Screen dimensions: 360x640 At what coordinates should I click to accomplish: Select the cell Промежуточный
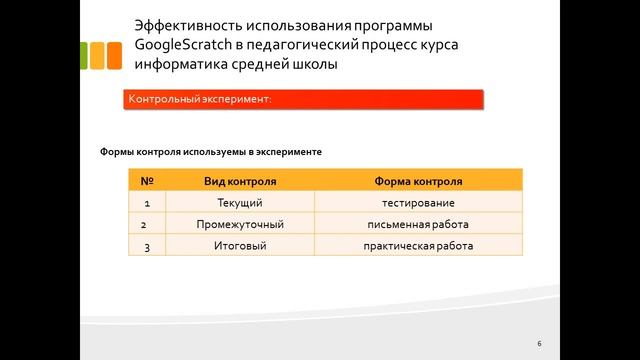240,225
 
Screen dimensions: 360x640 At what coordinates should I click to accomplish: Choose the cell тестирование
418,204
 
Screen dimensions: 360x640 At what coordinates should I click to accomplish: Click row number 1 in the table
147,204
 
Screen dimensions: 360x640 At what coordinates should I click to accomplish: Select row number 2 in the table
147,225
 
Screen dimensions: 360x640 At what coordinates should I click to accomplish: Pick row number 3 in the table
147,246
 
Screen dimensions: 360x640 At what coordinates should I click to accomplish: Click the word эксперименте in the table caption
289,152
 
